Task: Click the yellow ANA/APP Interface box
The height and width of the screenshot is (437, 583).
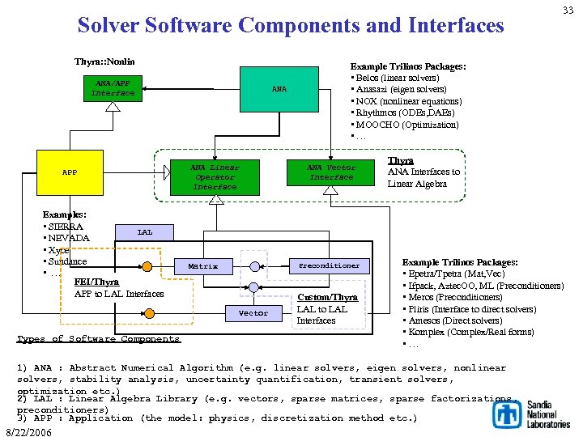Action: tap(113, 88)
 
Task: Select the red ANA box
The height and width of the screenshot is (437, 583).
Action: tap(279, 89)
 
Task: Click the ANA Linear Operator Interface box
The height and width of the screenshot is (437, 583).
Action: tap(215, 176)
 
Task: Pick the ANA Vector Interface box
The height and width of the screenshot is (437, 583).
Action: tap(331, 172)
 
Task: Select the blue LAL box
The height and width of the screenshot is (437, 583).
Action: tap(144, 232)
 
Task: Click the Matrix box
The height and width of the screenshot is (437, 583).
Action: tap(202, 265)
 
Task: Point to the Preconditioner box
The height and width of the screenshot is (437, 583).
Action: tap(329, 265)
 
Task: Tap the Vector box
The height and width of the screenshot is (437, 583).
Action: tap(253, 312)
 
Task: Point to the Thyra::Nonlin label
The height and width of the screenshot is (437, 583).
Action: tap(104, 62)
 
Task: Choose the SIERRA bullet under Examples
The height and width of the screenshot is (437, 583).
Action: tap(66, 227)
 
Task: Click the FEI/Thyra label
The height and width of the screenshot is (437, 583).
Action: tap(96, 282)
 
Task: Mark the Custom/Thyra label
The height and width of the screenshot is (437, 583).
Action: tap(327, 298)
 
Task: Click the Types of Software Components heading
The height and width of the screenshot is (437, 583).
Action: tap(98, 339)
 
